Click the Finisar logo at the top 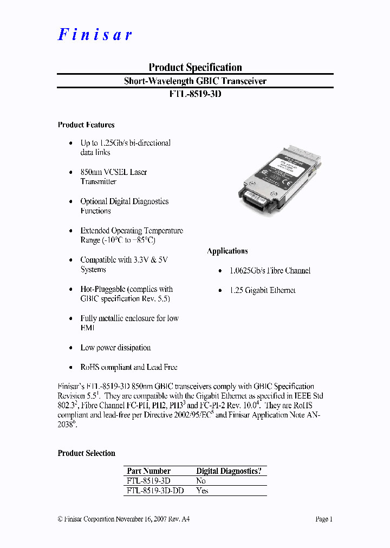click(x=95, y=35)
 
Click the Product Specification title click(x=195, y=67)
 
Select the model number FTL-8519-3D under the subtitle click(x=195, y=94)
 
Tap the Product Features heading click(x=86, y=125)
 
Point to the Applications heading click(x=227, y=251)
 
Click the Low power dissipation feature click(x=115, y=348)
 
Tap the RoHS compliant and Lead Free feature click(x=129, y=367)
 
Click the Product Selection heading click(x=87, y=453)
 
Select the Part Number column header click(x=148, y=471)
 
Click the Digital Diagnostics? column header click(x=229, y=471)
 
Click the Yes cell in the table click(x=202, y=491)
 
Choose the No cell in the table click(x=201, y=481)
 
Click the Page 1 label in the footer click(x=324, y=519)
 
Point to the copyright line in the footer click(x=123, y=519)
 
